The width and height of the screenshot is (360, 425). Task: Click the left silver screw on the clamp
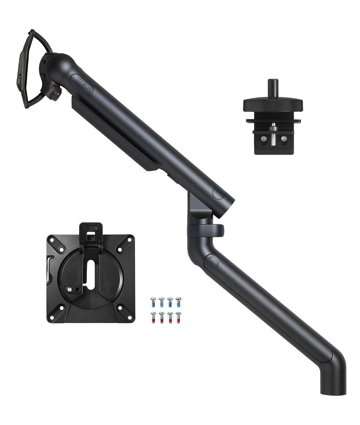(264, 138)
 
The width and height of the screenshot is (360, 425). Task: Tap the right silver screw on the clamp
(284, 138)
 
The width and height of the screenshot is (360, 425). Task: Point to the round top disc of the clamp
(273, 104)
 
